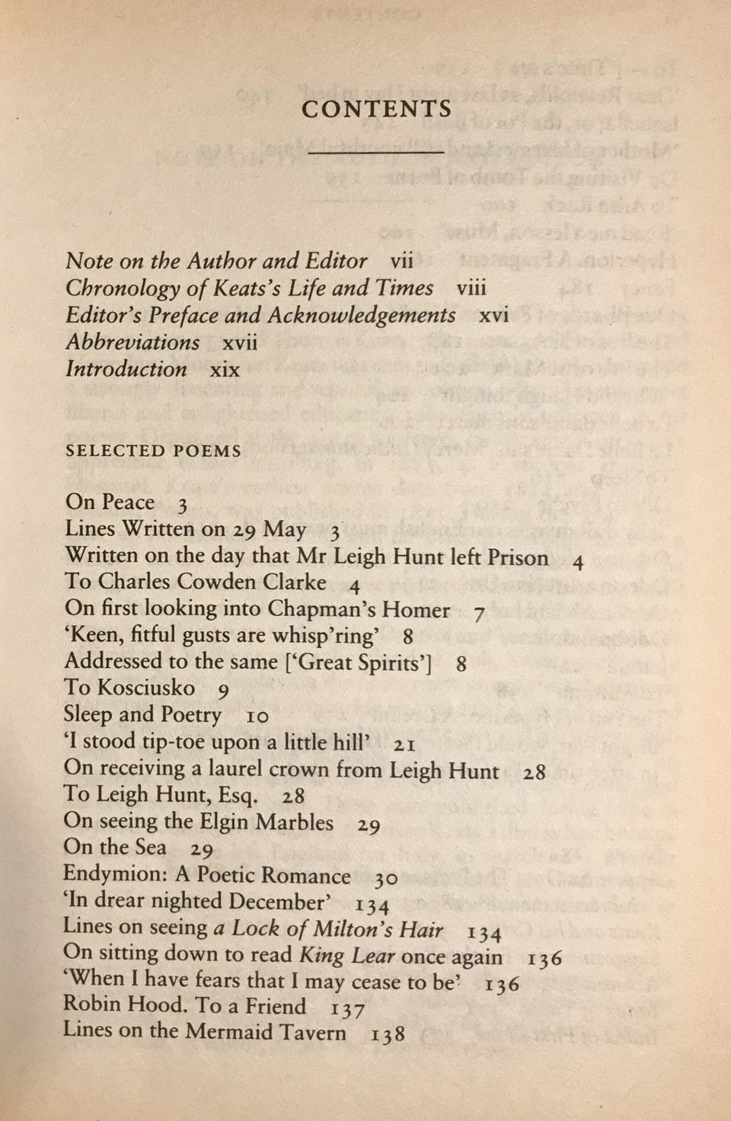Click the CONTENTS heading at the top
click(x=376, y=110)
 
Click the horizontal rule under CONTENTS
click(x=376, y=152)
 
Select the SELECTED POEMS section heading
click(x=153, y=451)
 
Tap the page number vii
click(x=401, y=261)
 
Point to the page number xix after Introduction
click(x=225, y=370)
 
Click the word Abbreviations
click(x=132, y=343)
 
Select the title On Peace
click(x=110, y=503)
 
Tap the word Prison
click(x=518, y=557)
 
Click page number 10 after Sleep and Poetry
click(x=257, y=717)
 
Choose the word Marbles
click(x=295, y=822)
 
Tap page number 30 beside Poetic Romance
click(x=386, y=878)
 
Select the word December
click(x=279, y=902)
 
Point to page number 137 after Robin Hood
click(x=348, y=1009)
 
